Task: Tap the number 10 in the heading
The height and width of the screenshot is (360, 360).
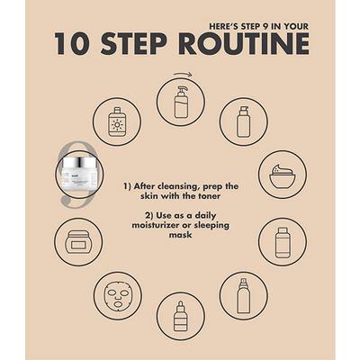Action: click(x=71, y=44)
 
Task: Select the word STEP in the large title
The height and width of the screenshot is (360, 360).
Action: click(x=134, y=44)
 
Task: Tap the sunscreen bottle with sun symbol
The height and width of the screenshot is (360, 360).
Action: click(x=116, y=122)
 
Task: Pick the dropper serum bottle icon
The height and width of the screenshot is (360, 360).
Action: click(x=181, y=316)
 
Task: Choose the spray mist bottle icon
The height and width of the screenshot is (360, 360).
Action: click(x=244, y=295)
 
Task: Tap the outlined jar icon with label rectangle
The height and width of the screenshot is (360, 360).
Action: click(x=78, y=242)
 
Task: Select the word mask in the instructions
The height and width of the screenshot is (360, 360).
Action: click(x=180, y=235)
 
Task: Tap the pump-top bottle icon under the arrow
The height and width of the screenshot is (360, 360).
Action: click(x=181, y=102)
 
